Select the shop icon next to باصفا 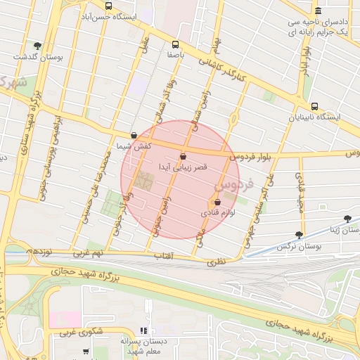pos(175,44)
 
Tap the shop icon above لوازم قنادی pos(218,202)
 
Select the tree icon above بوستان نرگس pos(300,236)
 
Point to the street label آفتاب pos(163,256)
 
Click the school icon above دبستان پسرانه pos(143,330)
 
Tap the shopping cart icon pos(86,352)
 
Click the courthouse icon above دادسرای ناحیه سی pos(319,11)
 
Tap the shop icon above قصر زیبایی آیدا pos(184,157)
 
